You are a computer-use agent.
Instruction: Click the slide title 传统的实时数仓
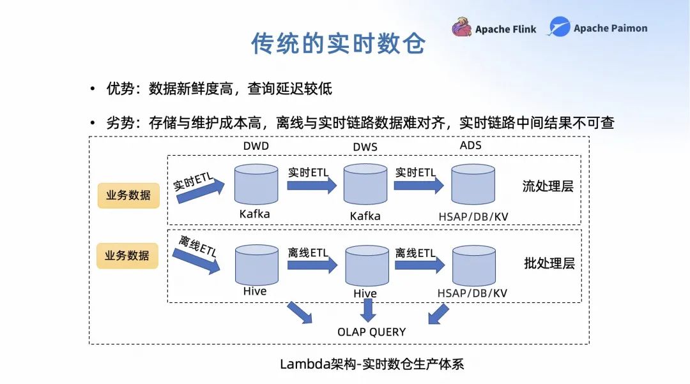tap(338, 43)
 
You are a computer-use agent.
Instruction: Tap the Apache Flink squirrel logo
tap(461, 27)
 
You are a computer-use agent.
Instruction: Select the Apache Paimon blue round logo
tap(559, 27)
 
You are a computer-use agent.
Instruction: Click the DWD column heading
tap(256, 145)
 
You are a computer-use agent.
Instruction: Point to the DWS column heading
tap(365, 147)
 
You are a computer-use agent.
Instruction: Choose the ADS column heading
tap(470, 145)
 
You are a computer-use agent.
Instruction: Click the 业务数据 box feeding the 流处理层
tap(128, 195)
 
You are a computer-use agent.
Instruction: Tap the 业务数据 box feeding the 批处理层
tap(127, 255)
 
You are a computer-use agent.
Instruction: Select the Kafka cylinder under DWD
tap(256, 184)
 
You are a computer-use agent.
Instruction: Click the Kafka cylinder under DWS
tap(365, 184)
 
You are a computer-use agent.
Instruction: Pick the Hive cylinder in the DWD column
tap(256, 264)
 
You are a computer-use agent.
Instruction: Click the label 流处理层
tap(548, 187)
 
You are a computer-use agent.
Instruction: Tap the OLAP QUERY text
tap(371, 332)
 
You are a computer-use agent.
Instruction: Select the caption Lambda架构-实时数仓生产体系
tap(371, 364)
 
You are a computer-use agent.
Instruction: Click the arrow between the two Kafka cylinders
tap(311, 185)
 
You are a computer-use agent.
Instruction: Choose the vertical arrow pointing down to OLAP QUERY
tap(367, 310)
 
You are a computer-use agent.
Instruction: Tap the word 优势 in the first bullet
tap(120, 89)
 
